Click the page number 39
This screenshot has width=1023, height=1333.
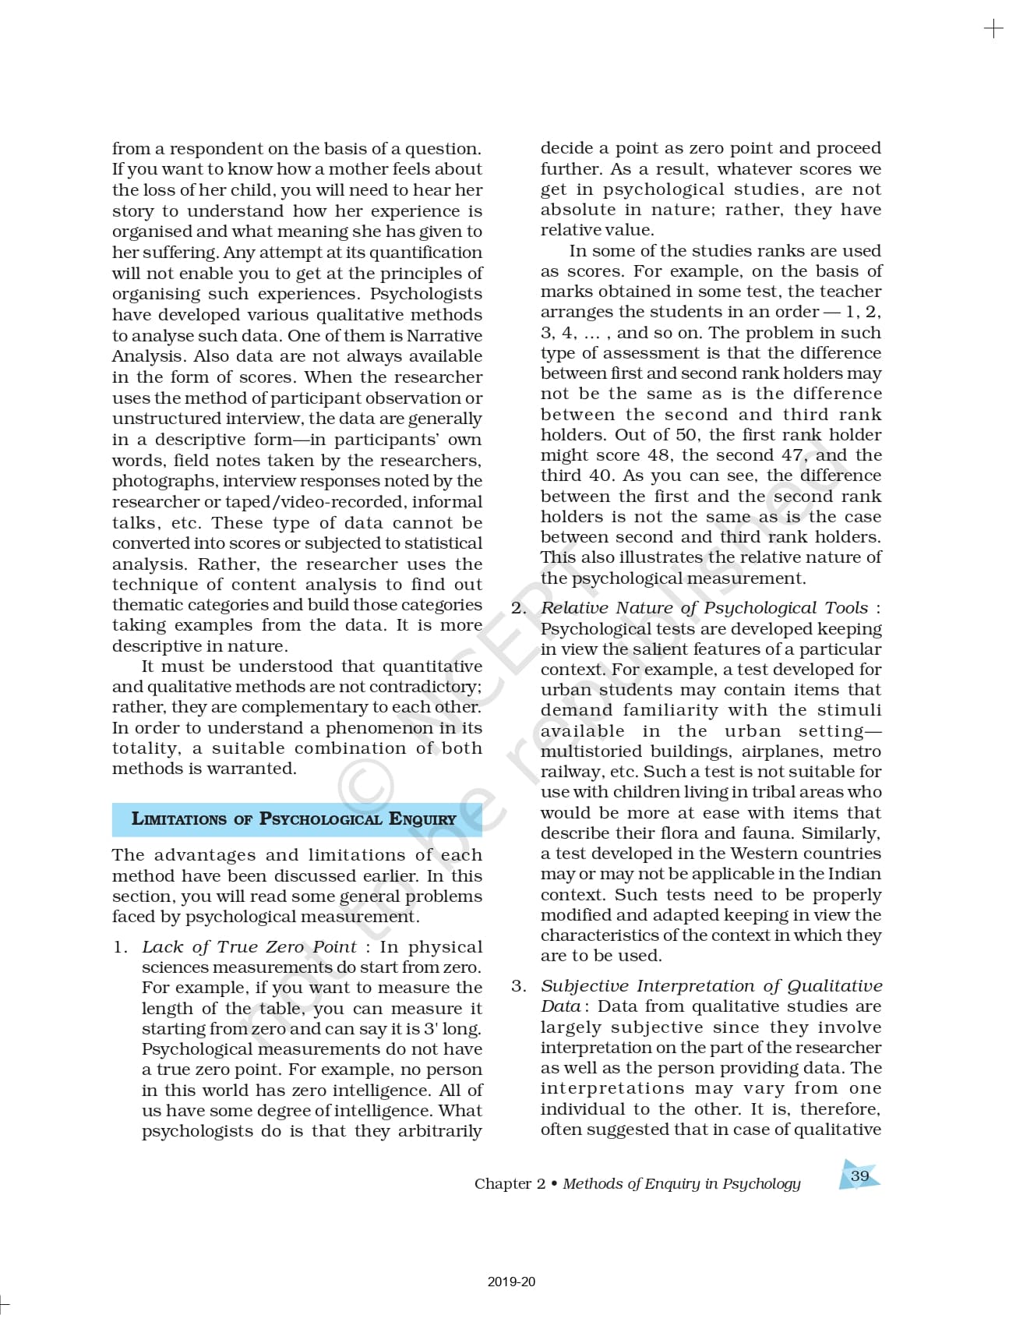coord(859,1176)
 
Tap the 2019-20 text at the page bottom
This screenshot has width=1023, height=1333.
coord(511,1282)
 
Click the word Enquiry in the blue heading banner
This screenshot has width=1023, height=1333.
coord(422,819)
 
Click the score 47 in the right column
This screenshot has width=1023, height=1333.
coord(793,455)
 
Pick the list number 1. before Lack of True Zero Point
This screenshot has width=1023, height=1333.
coord(121,947)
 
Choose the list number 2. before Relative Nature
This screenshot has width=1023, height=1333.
coord(519,608)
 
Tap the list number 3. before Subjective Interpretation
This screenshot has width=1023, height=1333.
coord(519,986)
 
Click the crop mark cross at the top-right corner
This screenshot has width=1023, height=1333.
coord(993,29)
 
